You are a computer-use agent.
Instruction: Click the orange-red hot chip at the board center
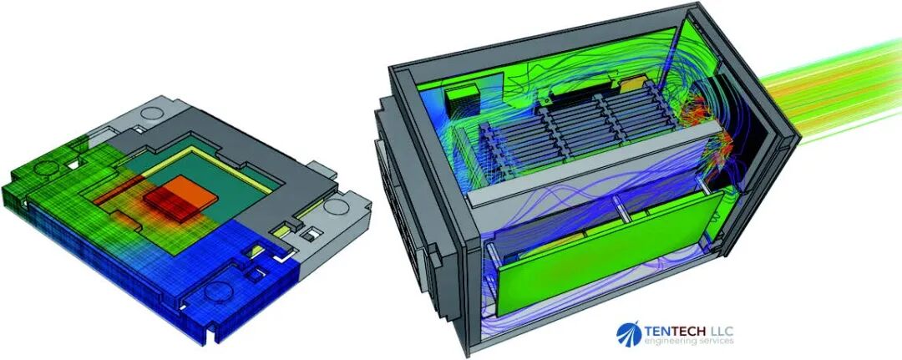(x=180, y=199)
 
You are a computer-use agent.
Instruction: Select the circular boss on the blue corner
(x=218, y=292)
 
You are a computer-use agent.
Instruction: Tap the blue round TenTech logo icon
(x=629, y=334)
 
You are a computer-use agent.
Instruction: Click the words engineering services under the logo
(x=688, y=342)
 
